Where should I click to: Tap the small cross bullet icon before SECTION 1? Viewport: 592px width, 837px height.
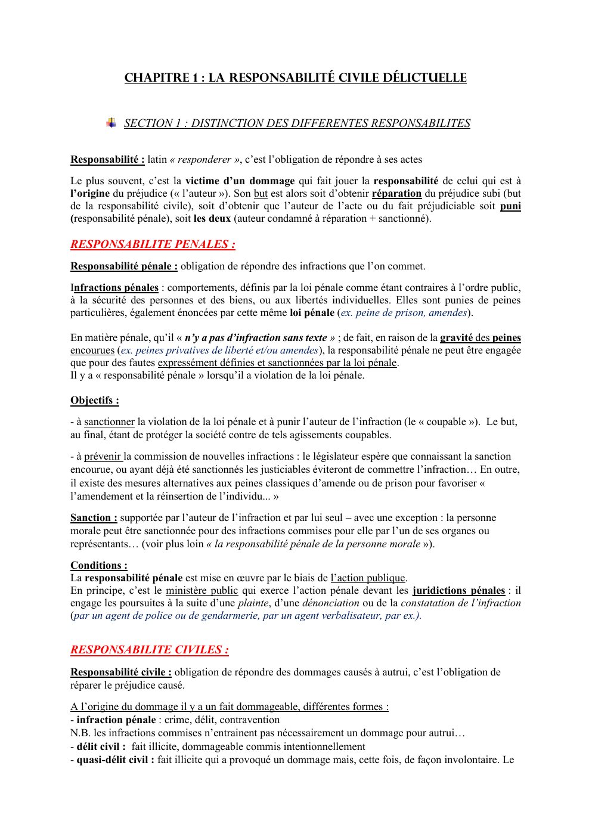coord(111,123)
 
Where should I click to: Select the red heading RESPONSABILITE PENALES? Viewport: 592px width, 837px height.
coord(153,244)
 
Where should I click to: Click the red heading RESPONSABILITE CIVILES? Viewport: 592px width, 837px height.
coord(149,649)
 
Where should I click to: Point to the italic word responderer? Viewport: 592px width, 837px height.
coord(204,159)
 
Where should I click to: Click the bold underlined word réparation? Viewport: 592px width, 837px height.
coord(396,193)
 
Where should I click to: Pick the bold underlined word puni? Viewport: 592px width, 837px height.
coord(510,206)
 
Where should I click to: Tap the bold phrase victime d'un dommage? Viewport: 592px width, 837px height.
coord(240,181)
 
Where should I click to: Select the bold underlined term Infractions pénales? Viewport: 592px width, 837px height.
coord(114,287)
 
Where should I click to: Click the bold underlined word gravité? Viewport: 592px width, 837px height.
coord(457,337)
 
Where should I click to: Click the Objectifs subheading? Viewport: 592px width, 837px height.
coord(94,400)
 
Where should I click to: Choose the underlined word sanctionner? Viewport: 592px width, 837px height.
coord(109,421)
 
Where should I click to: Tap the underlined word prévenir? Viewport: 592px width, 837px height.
coord(103,456)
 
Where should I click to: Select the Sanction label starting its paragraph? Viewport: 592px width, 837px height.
coord(93,517)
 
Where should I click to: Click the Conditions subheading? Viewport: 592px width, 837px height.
coord(98,565)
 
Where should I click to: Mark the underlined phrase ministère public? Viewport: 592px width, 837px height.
coord(202,590)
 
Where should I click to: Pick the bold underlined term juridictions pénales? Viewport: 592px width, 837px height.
coord(458,590)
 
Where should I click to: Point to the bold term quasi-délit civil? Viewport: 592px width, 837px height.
coord(115,759)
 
